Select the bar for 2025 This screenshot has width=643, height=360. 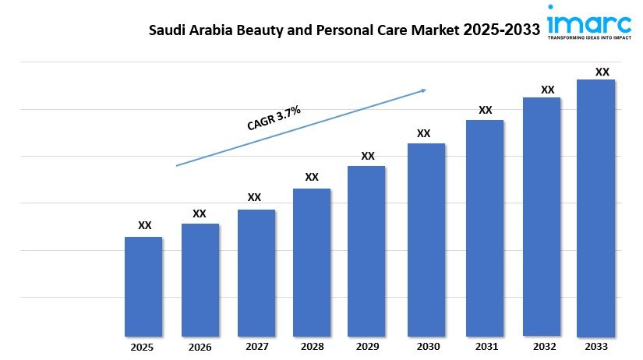point(143,286)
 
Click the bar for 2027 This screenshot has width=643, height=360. point(256,272)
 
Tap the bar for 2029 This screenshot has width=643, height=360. point(366,250)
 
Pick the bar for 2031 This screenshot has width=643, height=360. point(485,228)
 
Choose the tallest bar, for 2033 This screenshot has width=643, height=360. point(595,207)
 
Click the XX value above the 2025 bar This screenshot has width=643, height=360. point(144,226)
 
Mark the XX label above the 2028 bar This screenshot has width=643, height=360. point(312,178)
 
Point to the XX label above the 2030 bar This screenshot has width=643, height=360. point(423,133)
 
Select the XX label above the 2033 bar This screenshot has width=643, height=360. point(602,72)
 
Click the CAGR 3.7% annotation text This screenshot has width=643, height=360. point(274,118)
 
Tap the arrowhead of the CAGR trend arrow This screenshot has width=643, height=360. point(423,90)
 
